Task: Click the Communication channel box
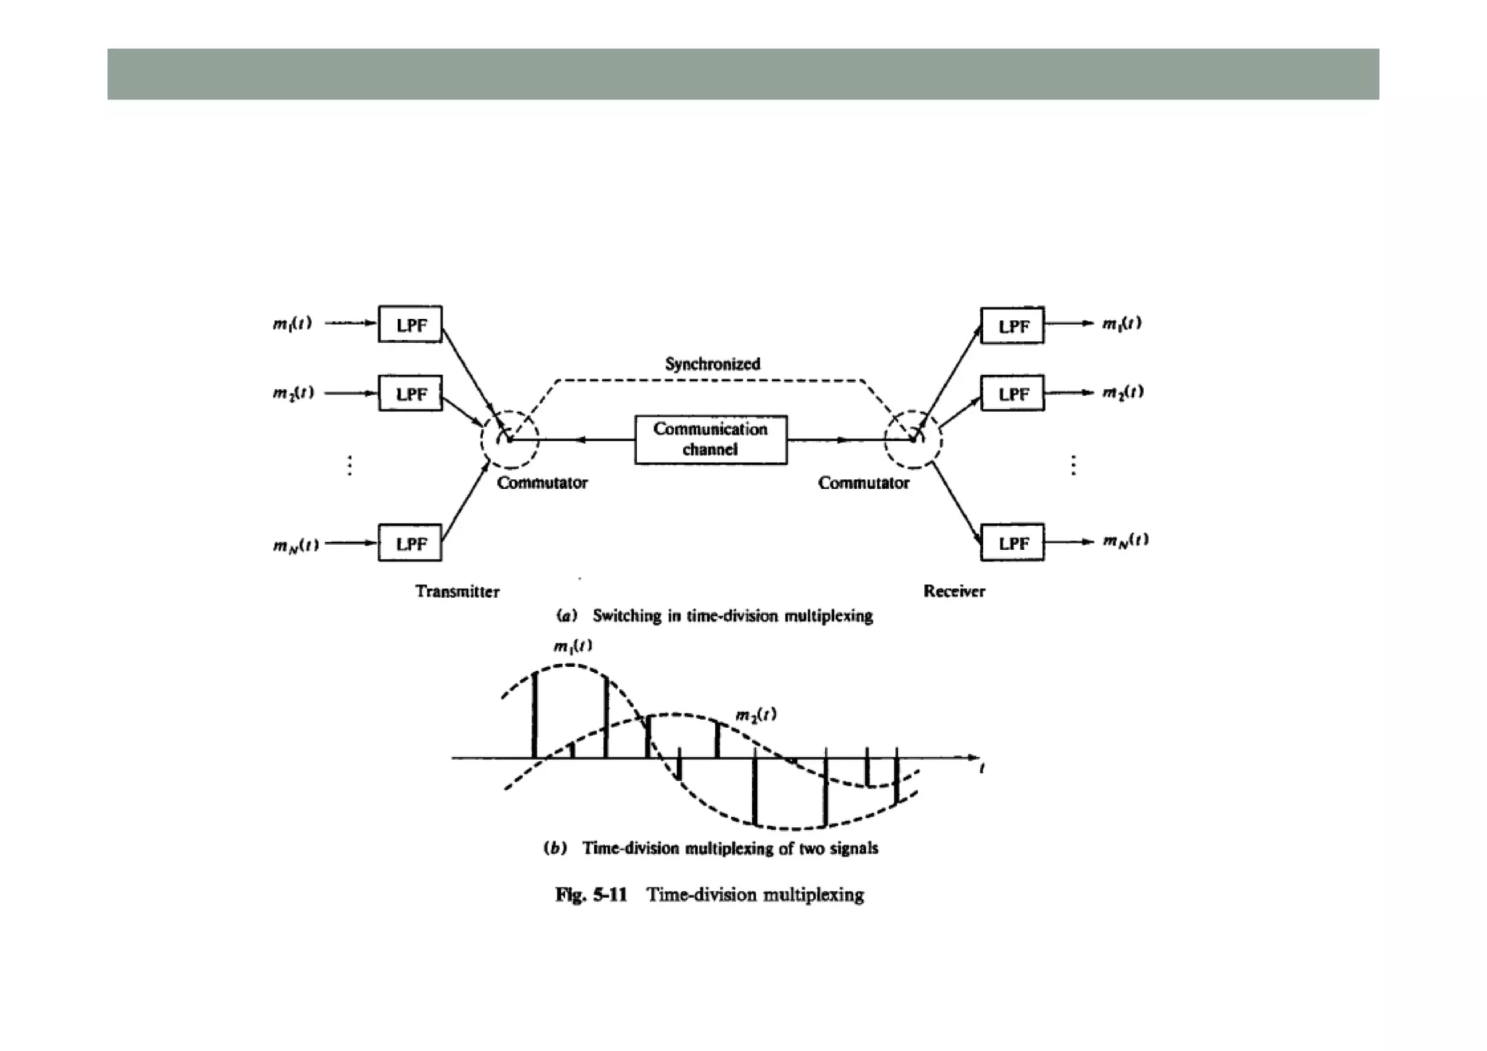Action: [x=710, y=439]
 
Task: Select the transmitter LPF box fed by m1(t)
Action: [x=410, y=324]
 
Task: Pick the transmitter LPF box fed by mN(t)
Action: [x=410, y=543]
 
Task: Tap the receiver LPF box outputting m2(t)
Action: [x=1012, y=394]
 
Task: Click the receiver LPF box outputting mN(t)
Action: [x=1012, y=543]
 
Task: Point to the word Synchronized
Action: [x=712, y=364]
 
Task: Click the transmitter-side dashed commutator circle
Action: [x=510, y=439]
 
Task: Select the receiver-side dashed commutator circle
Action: [x=913, y=439]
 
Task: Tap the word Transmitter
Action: [x=457, y=591]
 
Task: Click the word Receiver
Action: [x=954, y=591]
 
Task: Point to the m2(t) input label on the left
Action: [x=293, y=393]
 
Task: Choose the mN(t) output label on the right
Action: [x=1125, y=540]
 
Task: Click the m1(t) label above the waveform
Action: [x=572, y=646]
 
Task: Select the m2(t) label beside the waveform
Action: [x=756, y=715]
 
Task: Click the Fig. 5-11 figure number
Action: [x=590, y=895]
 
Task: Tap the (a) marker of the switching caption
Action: [x=566, y=616]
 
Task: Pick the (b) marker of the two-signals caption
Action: [x=555, y=848]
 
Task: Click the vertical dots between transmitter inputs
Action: [x=350, y=465]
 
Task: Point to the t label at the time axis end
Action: [x=982, y=768]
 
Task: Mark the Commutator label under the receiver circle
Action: [x=863, y=483]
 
